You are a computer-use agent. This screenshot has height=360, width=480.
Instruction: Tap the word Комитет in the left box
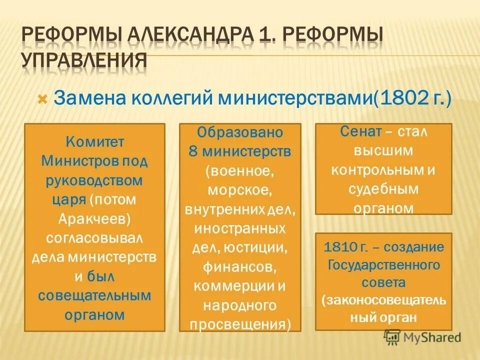pos(94,141)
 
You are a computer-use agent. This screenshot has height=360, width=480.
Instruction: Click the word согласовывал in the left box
pos(94,238)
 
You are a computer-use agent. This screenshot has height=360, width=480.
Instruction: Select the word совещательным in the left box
pos(94,295)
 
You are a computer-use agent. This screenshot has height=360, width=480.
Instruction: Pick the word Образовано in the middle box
pos(240,132)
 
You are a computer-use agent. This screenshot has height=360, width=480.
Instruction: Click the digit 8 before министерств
pos(192,151)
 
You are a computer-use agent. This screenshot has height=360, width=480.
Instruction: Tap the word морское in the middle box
pos(240,190)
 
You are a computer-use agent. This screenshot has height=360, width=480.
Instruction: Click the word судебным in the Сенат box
pos(383,189)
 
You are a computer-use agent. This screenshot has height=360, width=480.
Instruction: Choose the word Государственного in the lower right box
pos(383,265)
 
